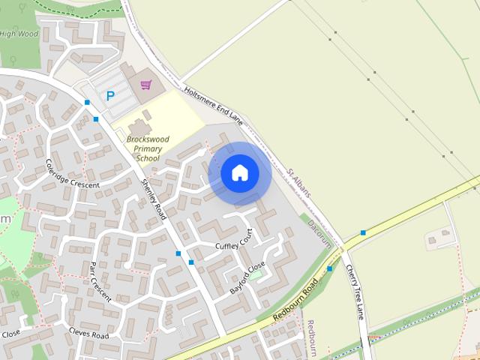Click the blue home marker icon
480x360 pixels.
[239, 173]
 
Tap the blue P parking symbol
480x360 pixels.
[111, 96]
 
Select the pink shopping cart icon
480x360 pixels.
[145, 85]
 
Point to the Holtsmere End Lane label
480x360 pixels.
[215, 106]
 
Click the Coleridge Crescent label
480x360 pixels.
[73, 172]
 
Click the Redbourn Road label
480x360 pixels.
[295, 301]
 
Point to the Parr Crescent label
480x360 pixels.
[100, 281]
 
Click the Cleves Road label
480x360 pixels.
[88, 332]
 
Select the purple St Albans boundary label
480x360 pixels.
[298, 183]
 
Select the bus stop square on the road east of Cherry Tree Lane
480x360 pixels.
[363, 232]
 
